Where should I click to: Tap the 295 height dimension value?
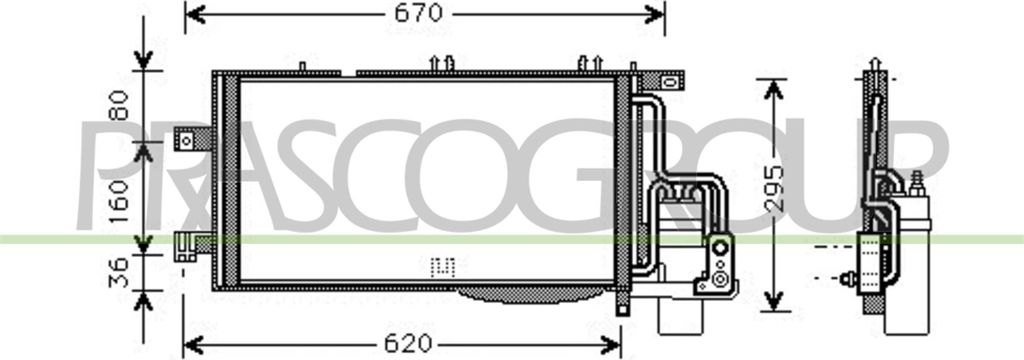click(x=775, y=189)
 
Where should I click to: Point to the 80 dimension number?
click(x=119, y=106)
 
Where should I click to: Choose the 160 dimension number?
click(x=119, y=201)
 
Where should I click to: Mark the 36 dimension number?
click(x=119, y=272)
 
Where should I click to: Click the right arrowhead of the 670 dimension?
click(x=654, y=13)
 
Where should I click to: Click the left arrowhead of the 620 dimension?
click(x=194, y=344)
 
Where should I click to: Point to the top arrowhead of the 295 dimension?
click(x=773, y=90)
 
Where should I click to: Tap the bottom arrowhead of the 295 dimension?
click(x=773, y=301)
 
